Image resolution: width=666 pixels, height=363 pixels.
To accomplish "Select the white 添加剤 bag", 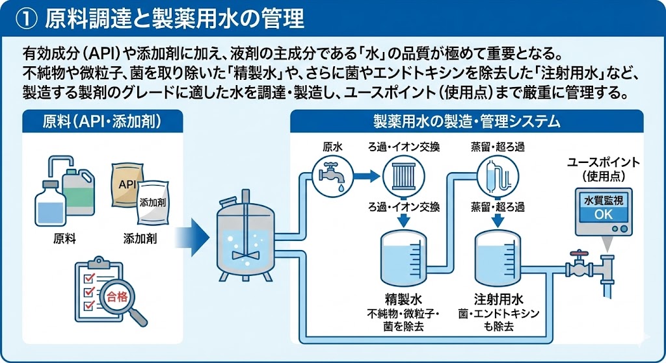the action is pyautogui.click(x=152, y=203).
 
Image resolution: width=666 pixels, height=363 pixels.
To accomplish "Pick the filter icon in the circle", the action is pyautogui.click(x=403, y=175).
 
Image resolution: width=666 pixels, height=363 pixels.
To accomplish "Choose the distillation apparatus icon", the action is pyautogui.click(x=498, y=175).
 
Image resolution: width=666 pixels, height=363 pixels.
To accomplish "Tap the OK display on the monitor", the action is pyautogui.click(x=603, y=214).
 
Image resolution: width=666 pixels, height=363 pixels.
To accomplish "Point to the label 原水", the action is pyautogui.click(x=332, y=147).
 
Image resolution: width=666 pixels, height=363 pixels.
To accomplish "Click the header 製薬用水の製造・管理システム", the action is pyautogui.click(x=466, y=121).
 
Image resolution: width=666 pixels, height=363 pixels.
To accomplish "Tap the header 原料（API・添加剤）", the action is pyautogui.click(x=102, y=121).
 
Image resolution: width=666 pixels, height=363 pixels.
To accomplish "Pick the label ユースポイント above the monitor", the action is pyautogui.click(x=603, y=162).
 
